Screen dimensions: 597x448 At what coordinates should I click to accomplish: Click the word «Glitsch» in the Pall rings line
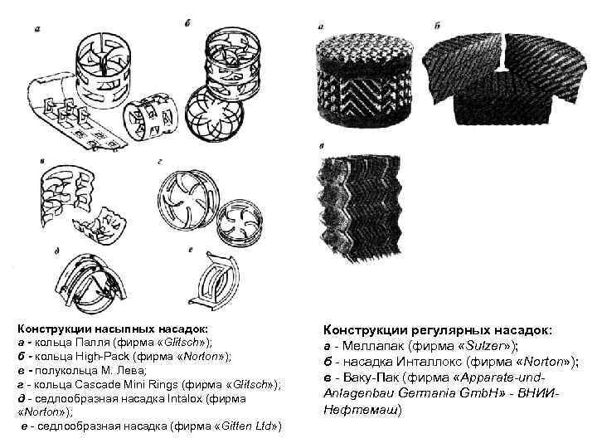(182, 342)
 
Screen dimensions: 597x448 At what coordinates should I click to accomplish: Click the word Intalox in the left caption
(187, 398)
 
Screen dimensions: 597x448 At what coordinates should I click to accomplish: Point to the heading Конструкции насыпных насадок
(114, 329)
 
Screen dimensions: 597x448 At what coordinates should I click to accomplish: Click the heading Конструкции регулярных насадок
(438, 329)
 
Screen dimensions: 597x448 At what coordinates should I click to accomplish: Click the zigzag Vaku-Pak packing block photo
(360, 207)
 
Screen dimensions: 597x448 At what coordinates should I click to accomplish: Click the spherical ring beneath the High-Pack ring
(214, 114)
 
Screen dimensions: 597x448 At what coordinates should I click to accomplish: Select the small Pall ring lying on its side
(151, 117)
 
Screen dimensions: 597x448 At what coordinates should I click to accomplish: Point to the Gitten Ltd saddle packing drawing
(215, 279)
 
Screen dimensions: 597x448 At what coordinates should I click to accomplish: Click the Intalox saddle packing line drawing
(90, 283)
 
